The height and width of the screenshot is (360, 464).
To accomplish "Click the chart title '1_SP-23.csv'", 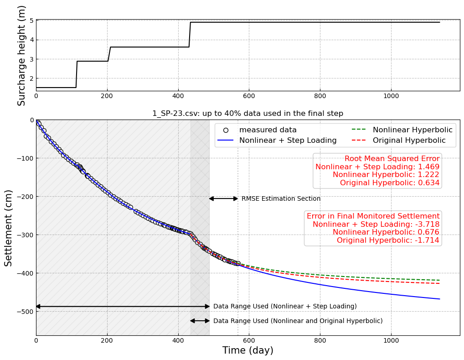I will [247, 114].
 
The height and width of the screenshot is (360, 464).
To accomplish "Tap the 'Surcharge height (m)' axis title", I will [22, 55].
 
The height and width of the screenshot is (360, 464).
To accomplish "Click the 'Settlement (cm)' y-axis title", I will [9, 228].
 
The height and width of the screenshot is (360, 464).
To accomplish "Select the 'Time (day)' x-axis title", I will [247, 350].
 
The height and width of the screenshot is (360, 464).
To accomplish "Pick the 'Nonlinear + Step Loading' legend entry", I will [288, 141].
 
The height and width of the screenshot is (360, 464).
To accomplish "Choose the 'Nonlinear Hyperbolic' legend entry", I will [412, 130].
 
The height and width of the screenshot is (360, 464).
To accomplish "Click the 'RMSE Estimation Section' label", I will [281, 199].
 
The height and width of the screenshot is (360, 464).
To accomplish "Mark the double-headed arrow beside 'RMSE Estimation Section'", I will [223, 198].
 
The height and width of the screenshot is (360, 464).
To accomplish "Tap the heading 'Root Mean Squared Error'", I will [392, 159].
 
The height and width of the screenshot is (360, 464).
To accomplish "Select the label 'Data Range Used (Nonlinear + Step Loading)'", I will [285, 307].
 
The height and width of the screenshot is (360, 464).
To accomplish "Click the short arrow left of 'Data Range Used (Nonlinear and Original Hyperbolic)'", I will [200, 321].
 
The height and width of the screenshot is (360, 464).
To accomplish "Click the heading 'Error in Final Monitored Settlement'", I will [373, 216].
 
